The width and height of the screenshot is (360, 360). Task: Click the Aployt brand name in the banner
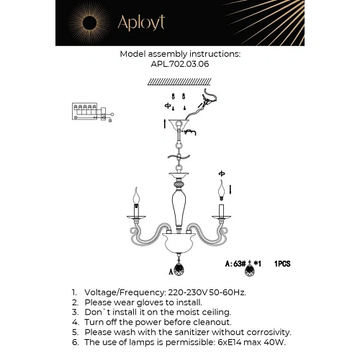[141, 22]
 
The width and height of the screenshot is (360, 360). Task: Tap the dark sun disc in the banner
[89, 23]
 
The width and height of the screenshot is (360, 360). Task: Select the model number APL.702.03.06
[180, 64]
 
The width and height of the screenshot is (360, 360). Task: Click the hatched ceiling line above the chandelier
[179, 81]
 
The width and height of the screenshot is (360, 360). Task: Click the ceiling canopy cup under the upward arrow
[179, 125]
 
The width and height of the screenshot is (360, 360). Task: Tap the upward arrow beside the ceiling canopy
[165, 124]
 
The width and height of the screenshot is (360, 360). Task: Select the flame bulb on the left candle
[136, 196]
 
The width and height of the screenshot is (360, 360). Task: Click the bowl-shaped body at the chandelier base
[178, 243]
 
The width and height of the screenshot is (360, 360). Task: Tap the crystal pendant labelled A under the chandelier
[179, 269]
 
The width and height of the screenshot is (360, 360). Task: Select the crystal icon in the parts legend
[250, 269]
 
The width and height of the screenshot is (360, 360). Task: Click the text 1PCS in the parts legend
[282, 264]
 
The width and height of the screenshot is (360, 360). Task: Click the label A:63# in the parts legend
[235, 264]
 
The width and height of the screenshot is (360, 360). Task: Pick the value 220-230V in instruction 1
[188, 292]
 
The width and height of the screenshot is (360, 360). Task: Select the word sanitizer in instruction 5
[192, 332]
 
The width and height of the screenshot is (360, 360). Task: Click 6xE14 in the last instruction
[230, 342]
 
